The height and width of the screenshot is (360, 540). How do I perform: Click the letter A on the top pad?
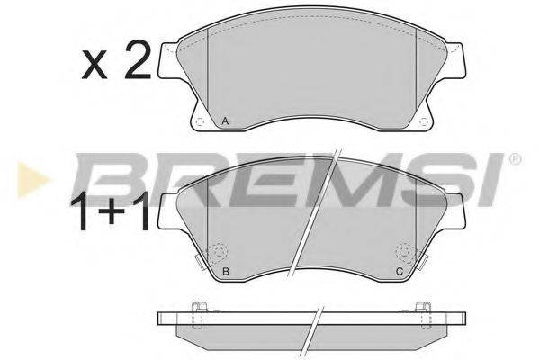tap(225, 121)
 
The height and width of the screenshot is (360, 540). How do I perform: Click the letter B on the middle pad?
tap(225, 272)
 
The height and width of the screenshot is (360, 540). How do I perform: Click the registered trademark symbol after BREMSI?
tap(514, 160)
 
